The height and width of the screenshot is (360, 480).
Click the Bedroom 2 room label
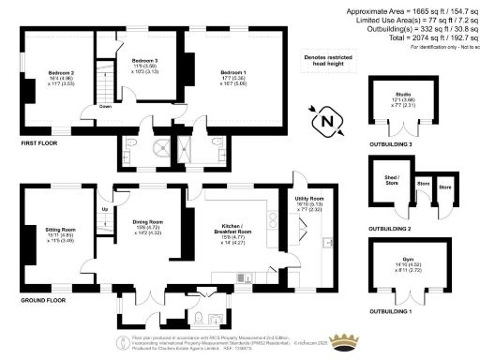click(x=62, y=71)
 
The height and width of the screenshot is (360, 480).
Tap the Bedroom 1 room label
click(x=233, y=72)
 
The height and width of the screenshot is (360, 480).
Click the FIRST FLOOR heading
click(x=38, y=143)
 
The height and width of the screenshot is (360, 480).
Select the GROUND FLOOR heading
click(x=43, y=301)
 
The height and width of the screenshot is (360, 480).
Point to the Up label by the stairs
click(x=104, y=208)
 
